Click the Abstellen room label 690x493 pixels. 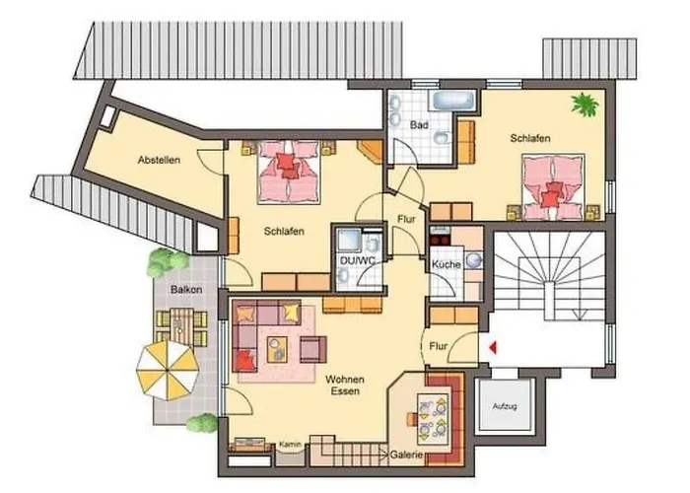[x=159, y=160]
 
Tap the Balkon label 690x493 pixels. [x=186, y=291]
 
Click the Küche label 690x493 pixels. [x=446, y=266]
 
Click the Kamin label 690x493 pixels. [x=288, y=444]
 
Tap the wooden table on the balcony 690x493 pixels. [x=181, y=324]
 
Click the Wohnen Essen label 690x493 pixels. [x=347, y=385]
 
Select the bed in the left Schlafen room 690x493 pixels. [x=287, y=171]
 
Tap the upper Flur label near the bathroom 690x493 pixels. [x=405, y=221]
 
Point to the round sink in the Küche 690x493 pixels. [x=471, y=260]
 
